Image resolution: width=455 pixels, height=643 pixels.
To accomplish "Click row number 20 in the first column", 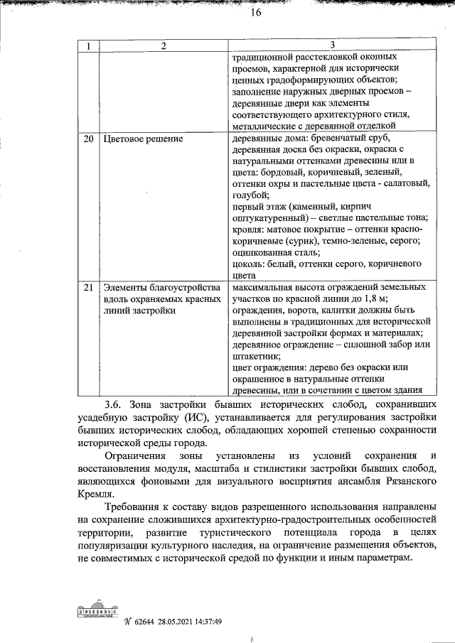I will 89,139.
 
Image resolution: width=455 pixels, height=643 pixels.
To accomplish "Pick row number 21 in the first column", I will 89,288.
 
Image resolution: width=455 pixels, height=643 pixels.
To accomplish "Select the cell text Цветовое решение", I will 144,139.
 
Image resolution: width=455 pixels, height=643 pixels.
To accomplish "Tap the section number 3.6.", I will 114,405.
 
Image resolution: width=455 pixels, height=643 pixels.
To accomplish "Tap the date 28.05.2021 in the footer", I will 183,620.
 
